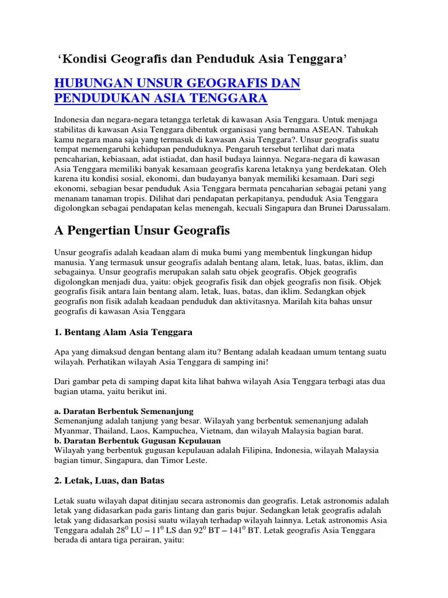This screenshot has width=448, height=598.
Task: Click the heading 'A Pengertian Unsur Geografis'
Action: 142,231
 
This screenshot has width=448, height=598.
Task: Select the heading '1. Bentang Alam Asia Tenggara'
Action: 124,332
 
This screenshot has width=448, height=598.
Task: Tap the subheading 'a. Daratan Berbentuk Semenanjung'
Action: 124,411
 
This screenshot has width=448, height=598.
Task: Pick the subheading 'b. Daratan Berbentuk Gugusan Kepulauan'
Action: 137,440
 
